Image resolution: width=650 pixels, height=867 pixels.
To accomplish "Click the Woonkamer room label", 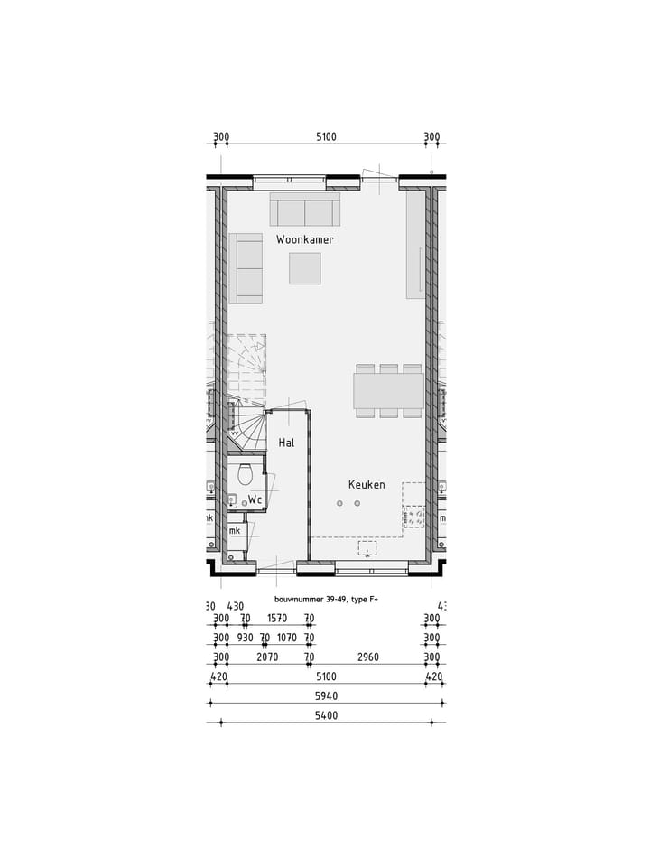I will click(305, 240).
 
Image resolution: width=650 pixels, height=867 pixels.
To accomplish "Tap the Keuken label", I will click(367, 485).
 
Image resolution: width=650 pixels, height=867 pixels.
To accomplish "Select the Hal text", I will click(287, 443).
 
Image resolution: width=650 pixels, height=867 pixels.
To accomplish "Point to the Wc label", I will click(255, 499).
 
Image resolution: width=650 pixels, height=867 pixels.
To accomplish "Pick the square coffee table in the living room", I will click(305, 268).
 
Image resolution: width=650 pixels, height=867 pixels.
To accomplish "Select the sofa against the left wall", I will click(245, 268).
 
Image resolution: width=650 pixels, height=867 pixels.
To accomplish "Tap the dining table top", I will click(388, 391).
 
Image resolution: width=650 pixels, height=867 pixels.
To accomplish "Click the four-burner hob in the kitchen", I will click(413, 517).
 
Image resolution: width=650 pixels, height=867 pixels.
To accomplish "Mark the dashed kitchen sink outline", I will click(368, 548).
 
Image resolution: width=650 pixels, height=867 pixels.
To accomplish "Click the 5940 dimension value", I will click(326, 696).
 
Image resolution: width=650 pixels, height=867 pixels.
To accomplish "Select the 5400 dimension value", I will click(326, 716).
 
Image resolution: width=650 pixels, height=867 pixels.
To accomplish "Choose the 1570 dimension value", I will click(277, 620).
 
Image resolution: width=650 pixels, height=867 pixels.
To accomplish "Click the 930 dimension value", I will click(245, 639).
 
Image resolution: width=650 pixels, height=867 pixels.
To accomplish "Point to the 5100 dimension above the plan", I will click(326, 138).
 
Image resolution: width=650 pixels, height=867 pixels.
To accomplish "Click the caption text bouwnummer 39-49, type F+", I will click(326, 600).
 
